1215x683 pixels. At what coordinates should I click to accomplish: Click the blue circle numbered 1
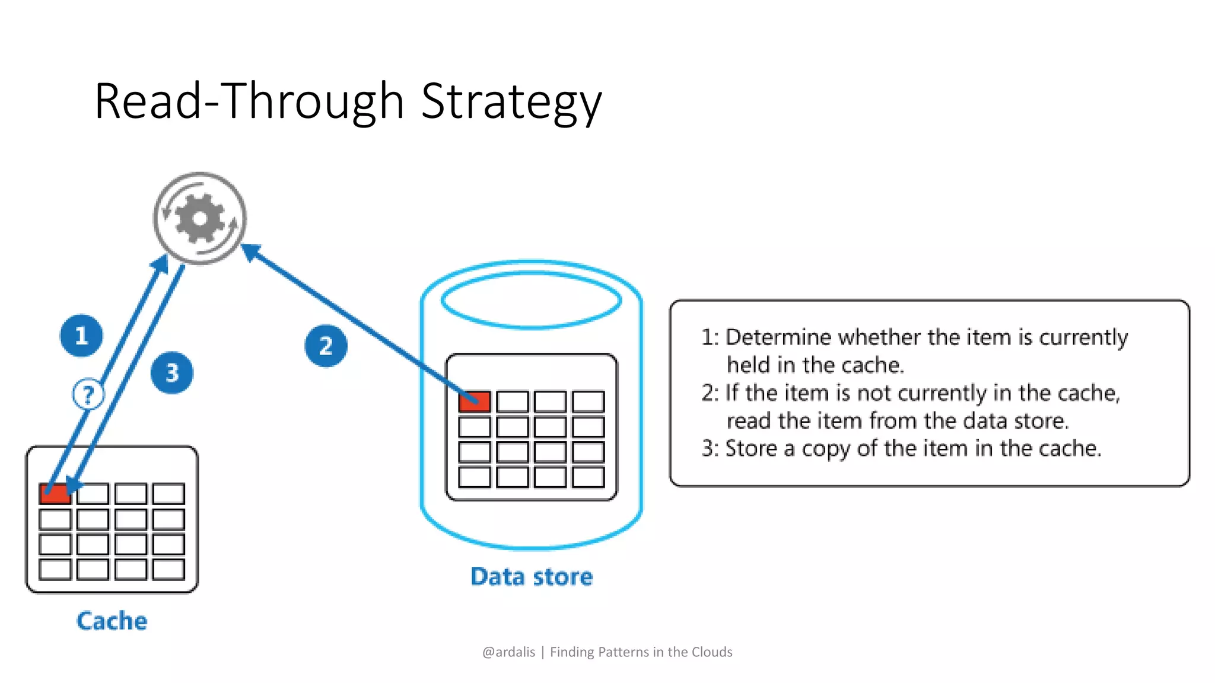81,336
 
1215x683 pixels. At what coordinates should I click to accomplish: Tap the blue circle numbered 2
326,346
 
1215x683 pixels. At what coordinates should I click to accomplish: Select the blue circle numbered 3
172,373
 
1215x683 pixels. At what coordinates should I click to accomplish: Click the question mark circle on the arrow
88,394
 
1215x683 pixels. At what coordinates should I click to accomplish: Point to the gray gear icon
200,218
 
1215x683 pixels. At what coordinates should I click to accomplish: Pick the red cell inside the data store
474,401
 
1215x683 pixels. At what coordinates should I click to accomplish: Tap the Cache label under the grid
112,621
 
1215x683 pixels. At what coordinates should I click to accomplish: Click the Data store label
532,576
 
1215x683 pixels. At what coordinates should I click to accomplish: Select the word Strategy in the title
511,102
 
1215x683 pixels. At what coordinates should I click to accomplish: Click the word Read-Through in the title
249,102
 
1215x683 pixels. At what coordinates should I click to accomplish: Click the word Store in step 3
751,448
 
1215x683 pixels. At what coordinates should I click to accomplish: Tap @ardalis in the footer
508,652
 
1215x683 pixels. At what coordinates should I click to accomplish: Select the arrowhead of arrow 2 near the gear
250,251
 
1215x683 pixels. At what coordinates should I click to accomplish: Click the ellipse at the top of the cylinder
532,299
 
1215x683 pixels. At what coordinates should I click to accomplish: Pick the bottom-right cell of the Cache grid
168,570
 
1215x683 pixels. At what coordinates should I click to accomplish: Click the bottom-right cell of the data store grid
588,477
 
